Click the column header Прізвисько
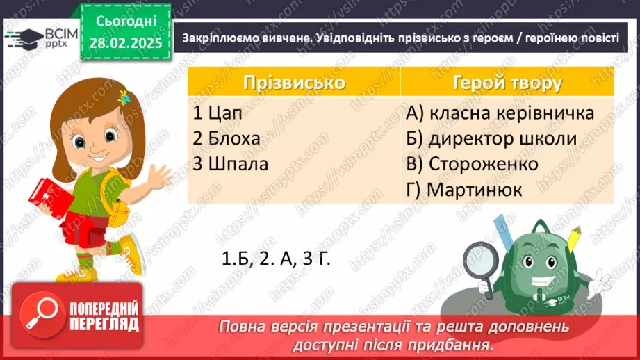point(294,83)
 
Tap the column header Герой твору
point(507,83)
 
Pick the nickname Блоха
point(226,138)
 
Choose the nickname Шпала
point(229,164)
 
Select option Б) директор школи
point(492,138)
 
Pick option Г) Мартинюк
point(466,189)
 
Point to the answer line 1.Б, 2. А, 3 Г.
point(274,259)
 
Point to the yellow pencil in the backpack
point(575,238)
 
